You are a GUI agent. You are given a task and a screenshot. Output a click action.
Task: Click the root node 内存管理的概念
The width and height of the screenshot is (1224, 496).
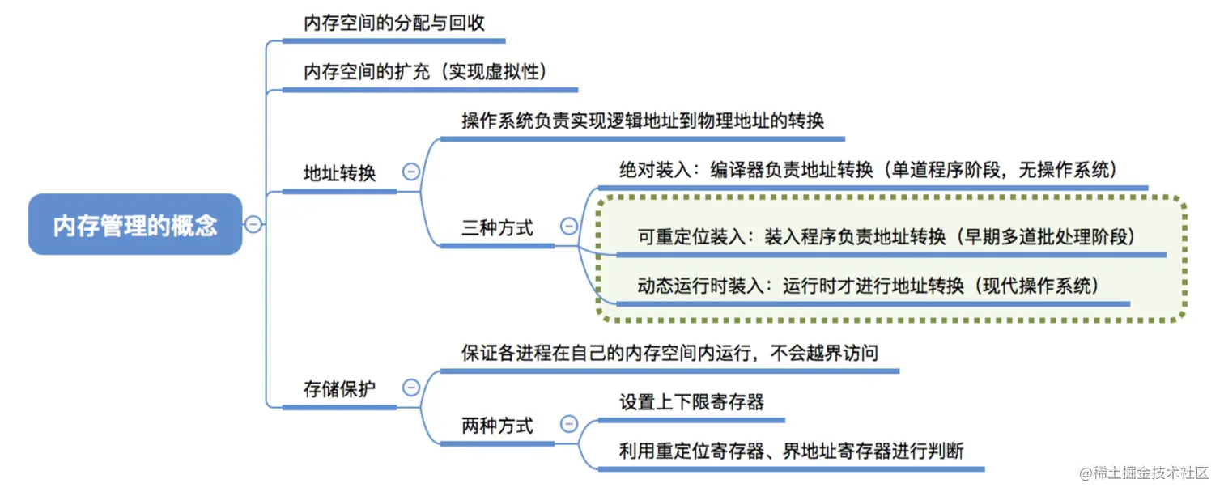pos(135,224)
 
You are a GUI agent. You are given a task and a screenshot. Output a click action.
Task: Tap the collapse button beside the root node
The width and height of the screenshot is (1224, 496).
pos(253,224)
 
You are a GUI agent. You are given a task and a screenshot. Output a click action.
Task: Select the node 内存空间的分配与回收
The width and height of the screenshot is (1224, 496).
pos(394,23)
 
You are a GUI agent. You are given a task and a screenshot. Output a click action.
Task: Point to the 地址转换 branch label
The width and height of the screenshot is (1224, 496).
pos(340,172)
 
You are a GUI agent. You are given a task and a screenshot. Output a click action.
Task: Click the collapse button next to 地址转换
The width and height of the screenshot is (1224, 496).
pos(411,172)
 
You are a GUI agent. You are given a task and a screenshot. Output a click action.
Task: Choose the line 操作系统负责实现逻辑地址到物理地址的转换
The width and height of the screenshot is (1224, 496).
pos(643,121)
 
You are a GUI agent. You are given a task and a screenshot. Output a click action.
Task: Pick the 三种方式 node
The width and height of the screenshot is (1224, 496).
pos(497,228)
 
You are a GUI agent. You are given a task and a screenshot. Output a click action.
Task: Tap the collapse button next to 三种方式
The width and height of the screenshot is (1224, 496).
pos(569,227)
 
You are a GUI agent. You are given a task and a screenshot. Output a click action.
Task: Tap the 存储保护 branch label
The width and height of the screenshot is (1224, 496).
pos(340,388)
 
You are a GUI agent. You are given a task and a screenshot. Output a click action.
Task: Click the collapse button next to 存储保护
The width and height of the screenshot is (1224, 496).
pos(411,388)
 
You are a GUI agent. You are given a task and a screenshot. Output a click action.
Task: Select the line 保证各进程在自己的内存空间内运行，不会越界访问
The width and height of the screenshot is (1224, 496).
pos(669,353)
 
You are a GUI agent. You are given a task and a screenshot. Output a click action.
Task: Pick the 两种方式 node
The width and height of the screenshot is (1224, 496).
pos(497,426)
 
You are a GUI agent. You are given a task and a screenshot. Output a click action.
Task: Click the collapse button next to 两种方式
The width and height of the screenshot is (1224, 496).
pos(569,424)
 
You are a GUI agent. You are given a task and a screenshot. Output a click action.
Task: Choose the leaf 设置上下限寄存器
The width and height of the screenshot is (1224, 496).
pos(691,402)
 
